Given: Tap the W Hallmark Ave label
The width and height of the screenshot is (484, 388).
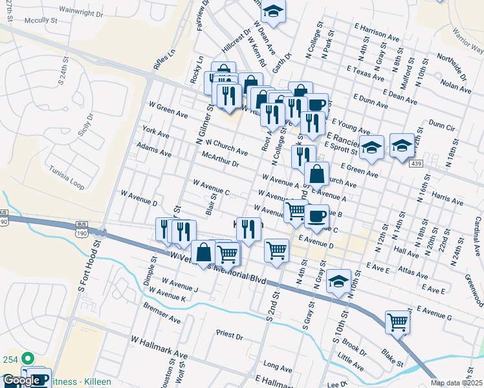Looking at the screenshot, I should [x=159, y=339].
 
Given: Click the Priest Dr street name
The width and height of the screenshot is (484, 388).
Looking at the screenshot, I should [x=230, y=336].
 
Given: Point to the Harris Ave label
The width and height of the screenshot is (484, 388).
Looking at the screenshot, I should [x=447, y=198].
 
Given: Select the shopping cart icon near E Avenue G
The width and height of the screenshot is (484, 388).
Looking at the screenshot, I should [x=397, y=321].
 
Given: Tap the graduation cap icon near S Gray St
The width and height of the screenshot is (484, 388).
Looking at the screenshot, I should [x=338, y=281].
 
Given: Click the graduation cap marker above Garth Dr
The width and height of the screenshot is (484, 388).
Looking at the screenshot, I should [x=274, y=11].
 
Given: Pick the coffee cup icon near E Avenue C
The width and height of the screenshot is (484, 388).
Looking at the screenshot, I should [x=316, y=215].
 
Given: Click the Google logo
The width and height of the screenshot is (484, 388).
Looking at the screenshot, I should [x=21, y=381].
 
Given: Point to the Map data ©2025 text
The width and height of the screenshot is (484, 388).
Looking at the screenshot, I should [x=457, y=383].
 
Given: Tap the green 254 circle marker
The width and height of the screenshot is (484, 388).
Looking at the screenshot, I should [x=27, y=358].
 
